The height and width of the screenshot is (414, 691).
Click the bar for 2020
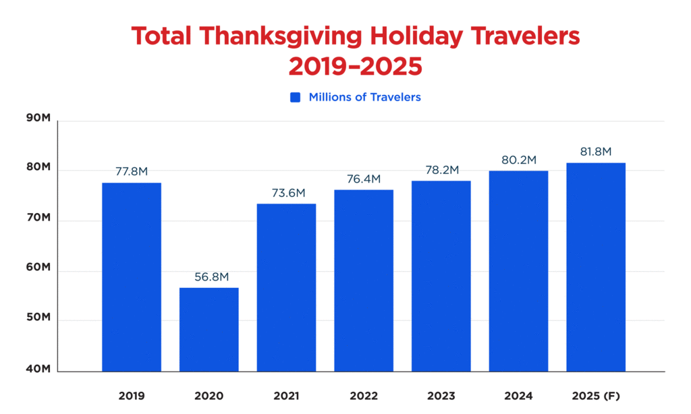[209, 329]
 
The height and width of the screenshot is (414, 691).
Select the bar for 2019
[131, 276]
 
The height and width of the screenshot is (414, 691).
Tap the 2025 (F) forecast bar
[596, 266]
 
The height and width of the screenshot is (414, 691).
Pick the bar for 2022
[363, 280]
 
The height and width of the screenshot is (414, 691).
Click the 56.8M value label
[209, 276]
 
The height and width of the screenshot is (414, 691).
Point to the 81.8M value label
[596, 152]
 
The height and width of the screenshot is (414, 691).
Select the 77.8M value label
[131, 171]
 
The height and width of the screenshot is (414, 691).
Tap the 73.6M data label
[286, 192]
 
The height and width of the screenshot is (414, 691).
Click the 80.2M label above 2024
[518, 160]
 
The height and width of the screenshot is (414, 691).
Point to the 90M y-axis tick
[38, 118]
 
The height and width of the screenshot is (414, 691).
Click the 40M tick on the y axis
[38, 369]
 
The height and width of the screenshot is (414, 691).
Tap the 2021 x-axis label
[286, 396]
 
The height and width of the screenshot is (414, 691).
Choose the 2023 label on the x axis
[441, 396]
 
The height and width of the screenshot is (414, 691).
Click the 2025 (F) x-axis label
[596, 396]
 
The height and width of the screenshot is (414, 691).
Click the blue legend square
[295, 97]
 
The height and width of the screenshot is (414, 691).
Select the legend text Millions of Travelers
[364, 97]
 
